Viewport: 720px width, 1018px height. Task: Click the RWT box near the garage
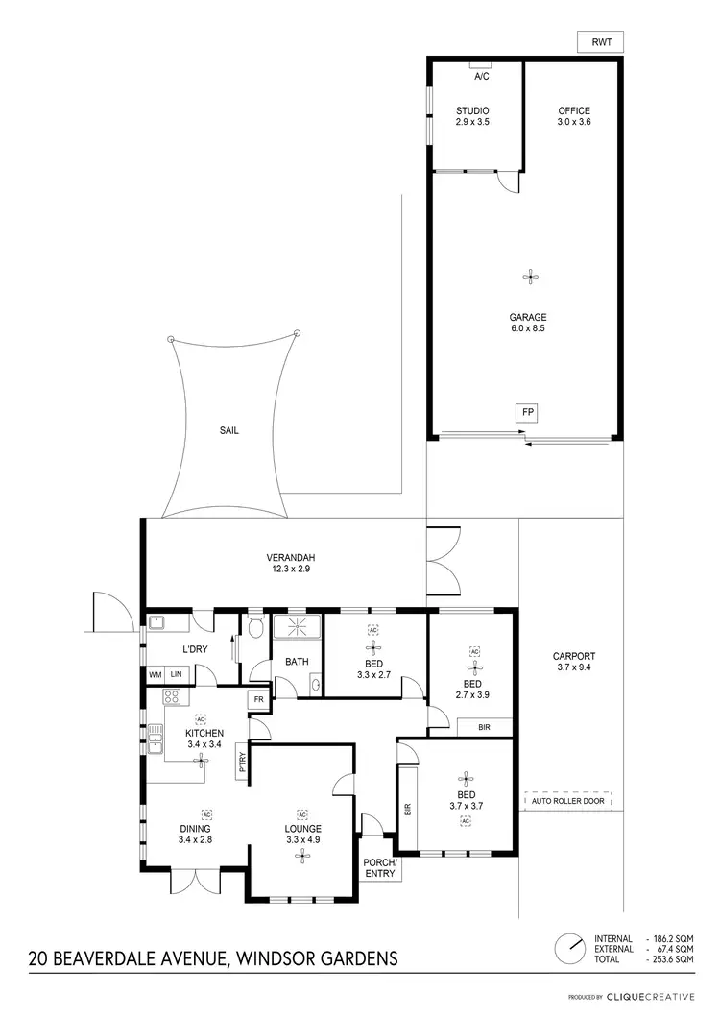point(602,41)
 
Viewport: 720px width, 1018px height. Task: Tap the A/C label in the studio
point(482,75)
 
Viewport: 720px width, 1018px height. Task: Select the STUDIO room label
point(472,117)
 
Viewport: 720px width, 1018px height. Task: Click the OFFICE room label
point(574,117)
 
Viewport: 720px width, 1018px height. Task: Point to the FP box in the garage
point(527,413)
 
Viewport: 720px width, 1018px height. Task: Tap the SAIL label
point(228,431)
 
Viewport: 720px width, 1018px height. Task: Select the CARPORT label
point(575,662)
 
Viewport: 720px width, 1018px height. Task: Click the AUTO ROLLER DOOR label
point(567,800)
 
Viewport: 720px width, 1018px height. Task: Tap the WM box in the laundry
point(155,675)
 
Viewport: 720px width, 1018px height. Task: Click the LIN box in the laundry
point(176,675)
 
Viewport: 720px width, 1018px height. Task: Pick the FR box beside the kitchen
point(258,700)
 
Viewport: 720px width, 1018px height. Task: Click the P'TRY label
point(242,763)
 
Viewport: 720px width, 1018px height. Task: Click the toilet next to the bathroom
point(253,629)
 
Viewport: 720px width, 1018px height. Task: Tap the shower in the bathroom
point(299,627)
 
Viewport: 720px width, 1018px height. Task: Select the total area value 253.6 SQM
point(672,959)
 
